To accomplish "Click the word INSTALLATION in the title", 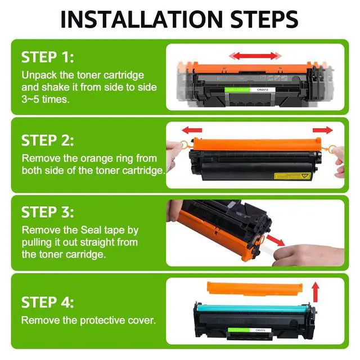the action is pos(142,19).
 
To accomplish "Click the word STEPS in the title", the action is pos(264,19).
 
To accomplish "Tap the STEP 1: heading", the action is pos(47,57).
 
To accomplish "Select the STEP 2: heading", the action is pos(47,140).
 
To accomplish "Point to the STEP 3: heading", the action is pos(47,212).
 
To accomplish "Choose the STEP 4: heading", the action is pos(47,302).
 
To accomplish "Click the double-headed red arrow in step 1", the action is pos(255,56).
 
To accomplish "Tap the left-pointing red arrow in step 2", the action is pos(192,130).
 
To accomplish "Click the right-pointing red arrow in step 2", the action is pos(322,130).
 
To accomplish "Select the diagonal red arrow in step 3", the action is pos(276,240).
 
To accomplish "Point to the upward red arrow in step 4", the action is pos(316,292).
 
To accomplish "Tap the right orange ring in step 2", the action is pos(331,149).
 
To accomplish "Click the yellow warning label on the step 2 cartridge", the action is pos(292,176).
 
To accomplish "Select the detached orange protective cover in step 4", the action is pos(255,288).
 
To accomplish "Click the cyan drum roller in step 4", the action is pos(253,308).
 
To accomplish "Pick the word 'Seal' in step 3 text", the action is pos(91,230).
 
